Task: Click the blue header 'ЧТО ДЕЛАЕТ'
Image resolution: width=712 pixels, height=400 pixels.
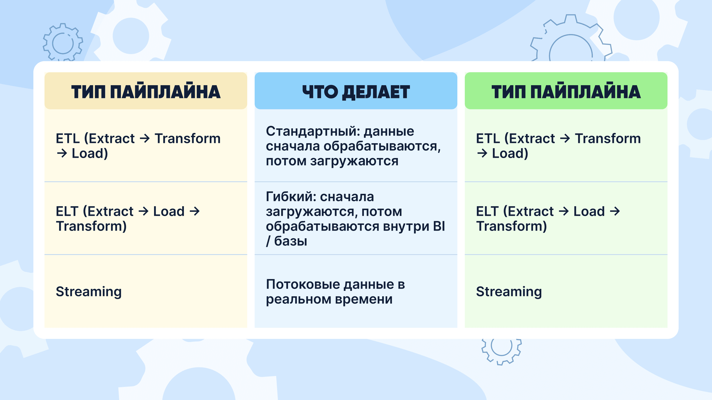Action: pos(356,92)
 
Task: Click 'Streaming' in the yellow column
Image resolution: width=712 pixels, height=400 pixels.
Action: pos(89,292)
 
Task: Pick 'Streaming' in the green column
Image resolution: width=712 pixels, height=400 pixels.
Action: pos(509,292)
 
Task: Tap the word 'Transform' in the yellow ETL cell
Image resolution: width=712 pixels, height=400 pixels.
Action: pos(188,138)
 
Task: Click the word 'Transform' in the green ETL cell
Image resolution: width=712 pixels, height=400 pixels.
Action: pos(608,138)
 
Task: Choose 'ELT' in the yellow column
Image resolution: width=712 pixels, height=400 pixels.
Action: pos(67,211)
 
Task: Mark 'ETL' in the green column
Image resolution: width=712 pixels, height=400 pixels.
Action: pos(488,138)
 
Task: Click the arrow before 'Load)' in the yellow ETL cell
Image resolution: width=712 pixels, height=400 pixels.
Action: pos(62,153)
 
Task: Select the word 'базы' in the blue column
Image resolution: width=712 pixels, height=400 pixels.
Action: pos(290,241)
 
